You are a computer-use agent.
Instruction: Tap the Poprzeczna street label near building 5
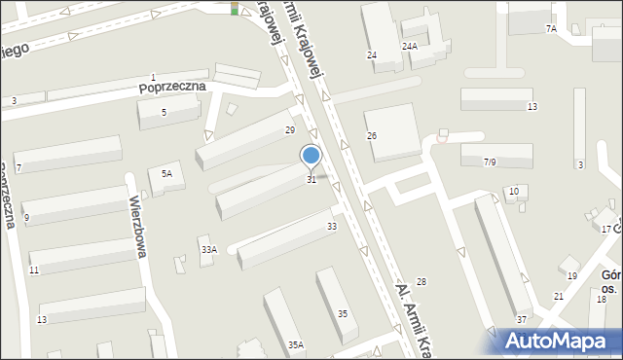pyautogui.click(x=173, y=87)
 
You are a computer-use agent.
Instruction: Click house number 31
pyautogui.click(x=311, y=180)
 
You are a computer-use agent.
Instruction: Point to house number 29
pyautogui.click(x=289, y=130)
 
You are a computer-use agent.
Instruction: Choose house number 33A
pyautogui.click(x=208, y=250)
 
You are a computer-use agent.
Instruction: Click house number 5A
pyautogui.click(x=166, y=173)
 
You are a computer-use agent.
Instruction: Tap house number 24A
pyautogui.click(x=410, y=46)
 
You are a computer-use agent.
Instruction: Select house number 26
pyautogui.click(x=372, y=135)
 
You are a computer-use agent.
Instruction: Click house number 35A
pyautogui.click(x=296, y=344)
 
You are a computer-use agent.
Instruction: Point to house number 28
pyautogui.click(x=421, y=281)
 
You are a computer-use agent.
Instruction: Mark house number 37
pyautogui.click(x=522, y=320)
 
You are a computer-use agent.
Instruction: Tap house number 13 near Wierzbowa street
pyautogui.click(x=42, y=320)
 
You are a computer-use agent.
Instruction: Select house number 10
pyautogui.click(x=513, y=192)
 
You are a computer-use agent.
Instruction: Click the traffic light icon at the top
pyautogui.click(x=235, y=9)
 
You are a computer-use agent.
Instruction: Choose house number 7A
pyautogui.click(x=551, y=29)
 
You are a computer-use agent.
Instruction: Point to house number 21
pyautogui.click(x=559, y=296)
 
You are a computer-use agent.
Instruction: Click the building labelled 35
pyautogui.click(x=342, y=313)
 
